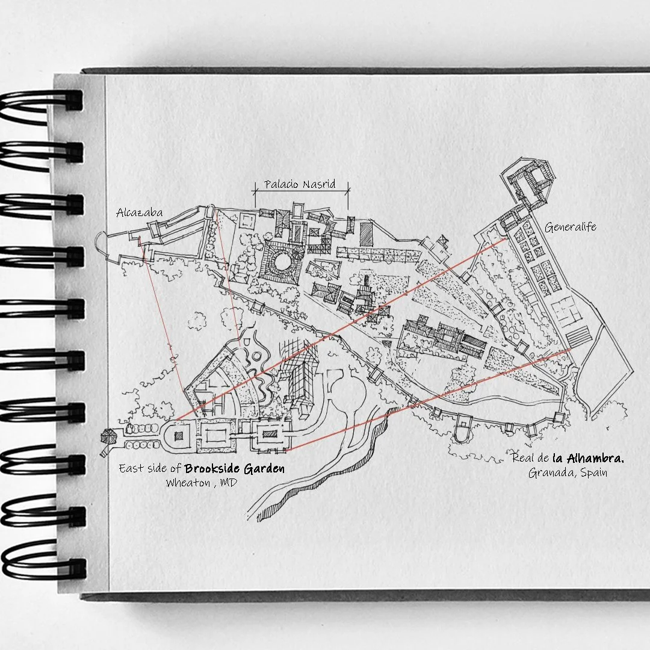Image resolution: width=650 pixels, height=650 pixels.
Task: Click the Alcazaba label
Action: point(139,212)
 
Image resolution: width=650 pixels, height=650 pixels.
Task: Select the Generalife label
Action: point(570,227)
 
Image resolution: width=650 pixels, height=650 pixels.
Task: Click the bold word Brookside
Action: point(212,468)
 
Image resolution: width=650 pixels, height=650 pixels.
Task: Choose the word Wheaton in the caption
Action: point(187,483)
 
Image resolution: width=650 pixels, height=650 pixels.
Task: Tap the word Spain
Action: point(593,473)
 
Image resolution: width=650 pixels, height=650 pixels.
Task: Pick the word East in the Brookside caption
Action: point(131,468)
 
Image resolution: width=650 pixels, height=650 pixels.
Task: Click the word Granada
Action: point(549,473)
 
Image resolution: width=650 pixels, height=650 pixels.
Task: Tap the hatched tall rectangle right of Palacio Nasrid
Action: point(366,233)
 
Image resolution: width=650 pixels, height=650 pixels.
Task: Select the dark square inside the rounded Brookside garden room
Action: point(178,435)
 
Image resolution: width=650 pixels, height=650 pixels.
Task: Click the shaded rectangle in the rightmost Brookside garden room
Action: point(268,434)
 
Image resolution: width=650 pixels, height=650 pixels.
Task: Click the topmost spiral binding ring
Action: point(42,102)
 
